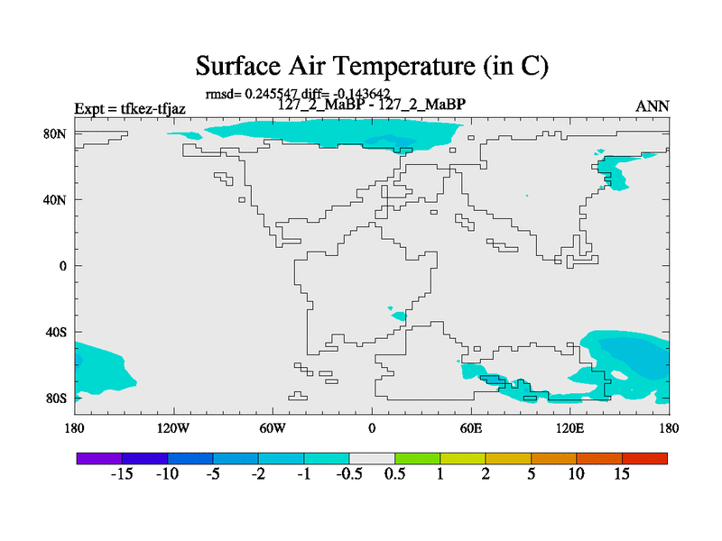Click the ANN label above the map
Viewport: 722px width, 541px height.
652,106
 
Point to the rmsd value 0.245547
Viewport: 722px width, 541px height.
272,94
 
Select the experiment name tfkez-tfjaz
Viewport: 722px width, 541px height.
153,108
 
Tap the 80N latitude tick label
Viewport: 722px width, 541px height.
55,133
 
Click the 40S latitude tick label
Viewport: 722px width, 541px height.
56,332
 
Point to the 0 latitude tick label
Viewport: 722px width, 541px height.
62,266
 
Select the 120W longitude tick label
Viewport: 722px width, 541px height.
173,428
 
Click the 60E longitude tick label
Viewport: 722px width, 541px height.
471,428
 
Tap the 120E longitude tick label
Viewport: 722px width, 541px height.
570,428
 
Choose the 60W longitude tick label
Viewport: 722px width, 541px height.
273,428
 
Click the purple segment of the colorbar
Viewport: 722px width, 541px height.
99,458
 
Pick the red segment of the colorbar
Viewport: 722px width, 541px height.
644,458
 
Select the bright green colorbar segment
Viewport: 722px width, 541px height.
418,458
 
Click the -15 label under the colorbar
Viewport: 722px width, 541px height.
122,473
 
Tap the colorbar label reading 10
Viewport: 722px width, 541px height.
576,473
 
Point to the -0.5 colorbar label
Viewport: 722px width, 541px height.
349,473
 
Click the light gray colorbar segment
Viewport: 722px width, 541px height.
372,458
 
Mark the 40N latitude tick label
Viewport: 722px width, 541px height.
55,200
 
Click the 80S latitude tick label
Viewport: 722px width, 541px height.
56,399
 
